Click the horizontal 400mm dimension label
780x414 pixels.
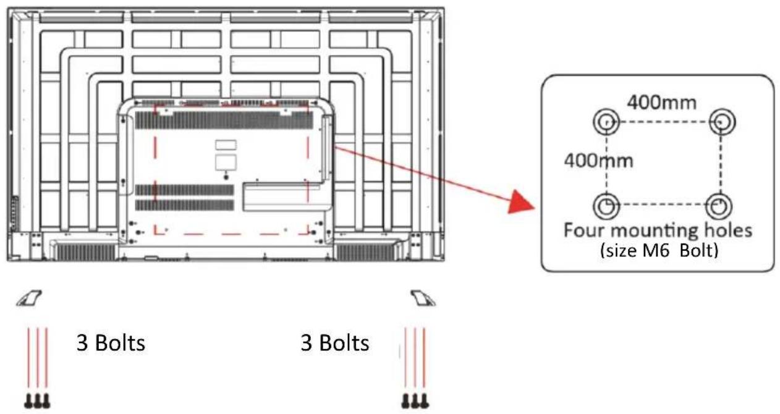point(661,103)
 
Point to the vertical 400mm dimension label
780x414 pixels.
point(598,161)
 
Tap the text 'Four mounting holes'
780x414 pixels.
point(658,230)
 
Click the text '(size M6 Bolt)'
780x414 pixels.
point(659,251)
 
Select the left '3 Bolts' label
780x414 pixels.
point(111,343)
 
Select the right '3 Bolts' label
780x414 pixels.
point(334,343)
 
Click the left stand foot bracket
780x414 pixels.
point(29,298)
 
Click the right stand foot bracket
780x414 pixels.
point(423,298)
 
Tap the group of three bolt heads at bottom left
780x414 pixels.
point(37,401)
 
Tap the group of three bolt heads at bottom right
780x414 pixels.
point(415,401)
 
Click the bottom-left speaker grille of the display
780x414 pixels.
point(86,251)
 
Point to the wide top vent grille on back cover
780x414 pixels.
point(224,120)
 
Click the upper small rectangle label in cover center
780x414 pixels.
point(226,145)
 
